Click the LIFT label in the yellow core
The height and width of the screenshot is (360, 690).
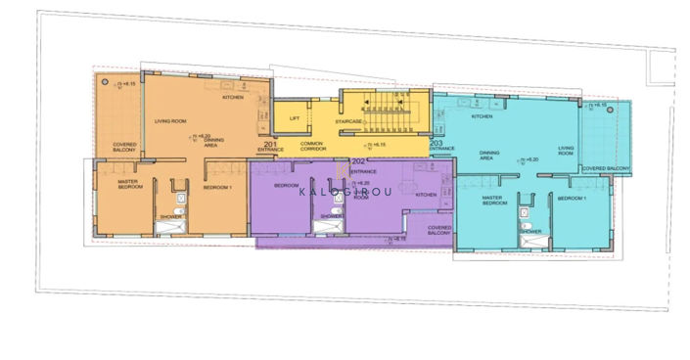[x=295, y=118]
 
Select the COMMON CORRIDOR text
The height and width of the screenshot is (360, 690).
[x=312, y=147]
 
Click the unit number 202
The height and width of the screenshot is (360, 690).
[x=357, y=161]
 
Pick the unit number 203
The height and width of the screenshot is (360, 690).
[x=436, y=143]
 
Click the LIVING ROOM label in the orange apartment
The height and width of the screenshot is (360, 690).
[x=170, y=121]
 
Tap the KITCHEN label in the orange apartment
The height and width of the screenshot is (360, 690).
[x=233, y=98]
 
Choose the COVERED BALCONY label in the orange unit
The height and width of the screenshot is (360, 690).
[x=124, y=150]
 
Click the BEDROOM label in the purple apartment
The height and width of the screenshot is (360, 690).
[x=286, y=185]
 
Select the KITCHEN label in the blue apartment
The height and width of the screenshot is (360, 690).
[x=482, y=117]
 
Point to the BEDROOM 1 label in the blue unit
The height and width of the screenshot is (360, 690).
[x=571, y=198]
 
